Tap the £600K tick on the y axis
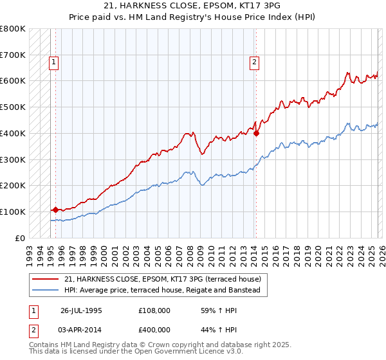pos(13,81)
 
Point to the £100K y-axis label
pos(13,212)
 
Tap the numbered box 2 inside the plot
pos(255,62)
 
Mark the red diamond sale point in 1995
pos(55,210)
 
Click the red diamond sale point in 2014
pos(256,134)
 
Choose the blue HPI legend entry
pos(161,291)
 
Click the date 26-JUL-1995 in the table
pos(81,310)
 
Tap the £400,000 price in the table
pos(154,329)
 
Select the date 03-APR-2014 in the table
pos(81,329)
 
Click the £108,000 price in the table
pos(154,310)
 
